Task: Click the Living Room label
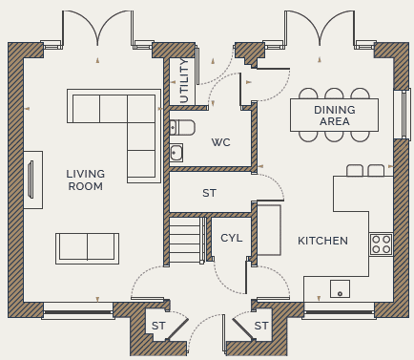pyautogui.click(x=86, y=180)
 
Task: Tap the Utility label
pyautogui.click(x=184, y=81)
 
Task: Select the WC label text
pyautogui.click(x=221, y=142)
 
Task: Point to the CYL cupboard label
pyautogui.click(x=232, y=238)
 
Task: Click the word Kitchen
pyautogui.click(x=322, y=241)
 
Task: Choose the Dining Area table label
pyautogui.click(x=335, y=116)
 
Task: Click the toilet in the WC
pyautogui.click(x=182, y=127)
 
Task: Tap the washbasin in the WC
pyautogui.click(x=176, y=152)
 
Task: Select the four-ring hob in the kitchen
pyautogui.click(x=381, y=244)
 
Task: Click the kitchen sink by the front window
pyautogui.click(x=340, y=288)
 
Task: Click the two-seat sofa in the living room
pyautogui.click(x=88, y=248)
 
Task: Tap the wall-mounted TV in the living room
pyautogui.click(x=31, y=180)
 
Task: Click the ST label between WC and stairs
pyautogui.click(x=209, y=193)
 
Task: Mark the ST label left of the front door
pyautogui.click(x=158, y=326)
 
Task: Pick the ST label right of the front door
pyautogui.click(x=261, y=326)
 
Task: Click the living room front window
pyautogui.click(x=78, y=311)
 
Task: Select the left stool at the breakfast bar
pyautogui.click(x=355, y=171)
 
